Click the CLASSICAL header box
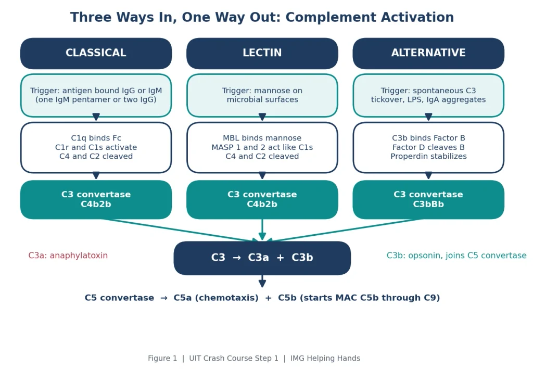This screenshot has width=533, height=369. coord(96,53)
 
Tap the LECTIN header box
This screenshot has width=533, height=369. coord(262,53)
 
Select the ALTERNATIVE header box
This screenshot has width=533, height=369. coord(428,53)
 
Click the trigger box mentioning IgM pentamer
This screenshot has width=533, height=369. coord(96,95)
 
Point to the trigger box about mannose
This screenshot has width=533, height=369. coord(262,95)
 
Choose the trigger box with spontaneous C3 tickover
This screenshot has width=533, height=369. coord(428,95)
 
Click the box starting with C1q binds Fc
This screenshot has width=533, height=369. coord(96,147)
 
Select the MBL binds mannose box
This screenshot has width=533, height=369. coord(262,147)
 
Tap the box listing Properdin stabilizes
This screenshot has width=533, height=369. coord(428,147)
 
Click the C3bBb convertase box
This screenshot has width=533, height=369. coord(428,199)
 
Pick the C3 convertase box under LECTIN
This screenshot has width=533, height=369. coord(262,199)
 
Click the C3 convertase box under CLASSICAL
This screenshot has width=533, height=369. coord(96,199)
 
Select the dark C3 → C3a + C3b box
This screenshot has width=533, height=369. coord(262,258)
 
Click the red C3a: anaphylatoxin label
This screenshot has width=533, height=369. coord(68,256)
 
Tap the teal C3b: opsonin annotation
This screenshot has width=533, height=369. coord(456,256)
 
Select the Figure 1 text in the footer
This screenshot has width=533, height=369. coord(162,358)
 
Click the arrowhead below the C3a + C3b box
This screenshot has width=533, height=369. coord(262,283)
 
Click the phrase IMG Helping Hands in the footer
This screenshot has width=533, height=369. coord(325,358)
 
